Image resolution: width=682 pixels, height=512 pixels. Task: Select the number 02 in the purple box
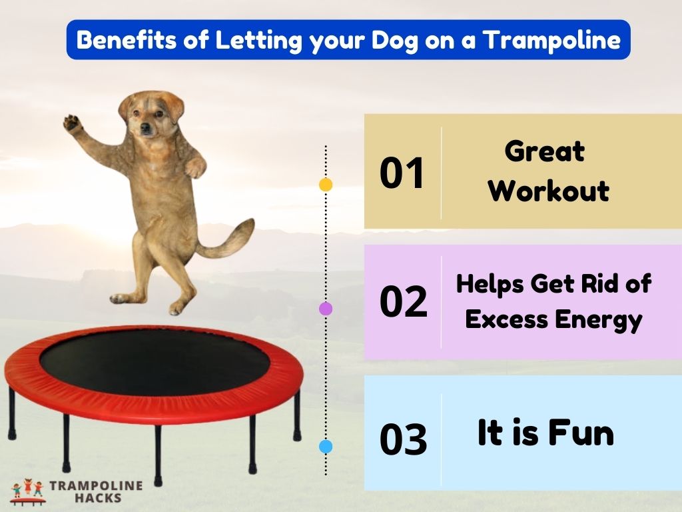pyautogui.click(x=403, y=302)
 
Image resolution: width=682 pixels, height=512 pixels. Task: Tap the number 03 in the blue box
pyautogui.click(x=403, y=441)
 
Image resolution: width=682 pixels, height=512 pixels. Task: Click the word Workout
pyautogui.click(x=548, y=191)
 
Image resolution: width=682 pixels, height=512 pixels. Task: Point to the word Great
pyautogui.click(x=544, y=151)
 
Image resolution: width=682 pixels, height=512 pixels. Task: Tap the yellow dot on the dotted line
pyautogui.click(x=326, y=185)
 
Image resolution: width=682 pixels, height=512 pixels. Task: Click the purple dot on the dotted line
pyautogui.click(x=326, y=309)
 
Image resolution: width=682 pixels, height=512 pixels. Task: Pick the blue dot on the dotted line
pyautogui.click(x=326, y=447)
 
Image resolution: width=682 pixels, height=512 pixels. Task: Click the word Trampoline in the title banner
pyautogui.click(x=552, y=40)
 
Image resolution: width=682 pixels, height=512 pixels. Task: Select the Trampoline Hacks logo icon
pyautogui.click(x=27, y=491)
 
